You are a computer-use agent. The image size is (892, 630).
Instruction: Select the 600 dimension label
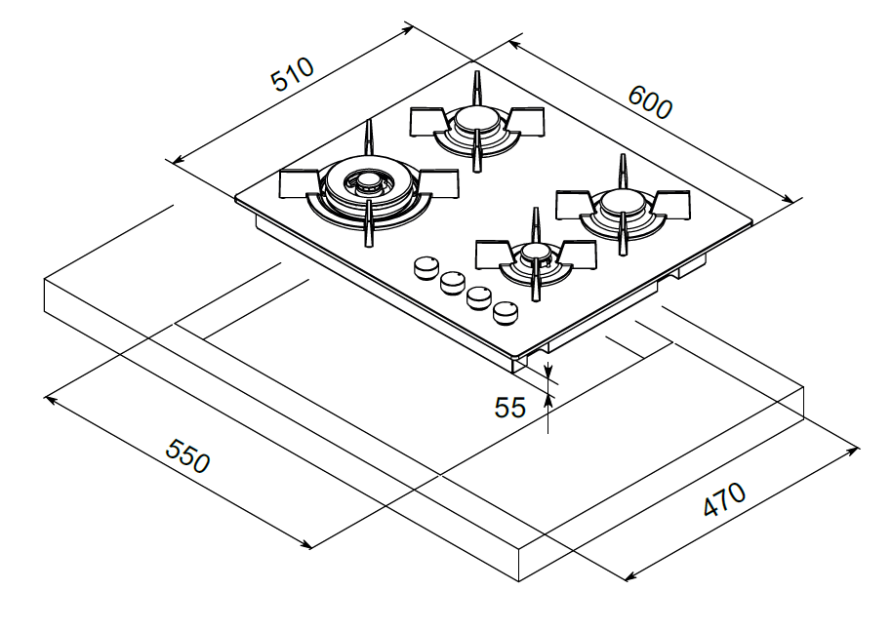coord(649,101)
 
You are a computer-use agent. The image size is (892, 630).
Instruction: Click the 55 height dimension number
coord(510,407)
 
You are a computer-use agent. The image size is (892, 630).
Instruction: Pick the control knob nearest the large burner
coord(426,267)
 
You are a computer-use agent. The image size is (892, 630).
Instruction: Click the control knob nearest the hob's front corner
coord(505,313)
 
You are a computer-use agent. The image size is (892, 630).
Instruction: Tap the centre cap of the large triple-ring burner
coord(368,182)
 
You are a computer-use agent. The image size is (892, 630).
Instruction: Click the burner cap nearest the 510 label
coord(475,120)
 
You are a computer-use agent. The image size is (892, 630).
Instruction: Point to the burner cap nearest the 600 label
coord(621,202)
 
